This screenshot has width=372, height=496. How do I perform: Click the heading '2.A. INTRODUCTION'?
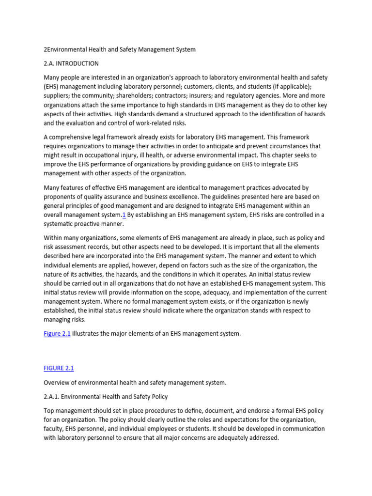(x=71, y=63)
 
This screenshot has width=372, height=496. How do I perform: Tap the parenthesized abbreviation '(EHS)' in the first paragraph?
(x=52, y=87)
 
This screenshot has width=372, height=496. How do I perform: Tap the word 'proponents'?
(x=61, y=197)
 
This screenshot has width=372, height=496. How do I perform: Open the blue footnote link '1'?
(x=124, y=215)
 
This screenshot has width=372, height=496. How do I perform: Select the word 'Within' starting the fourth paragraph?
(x=53, y=238)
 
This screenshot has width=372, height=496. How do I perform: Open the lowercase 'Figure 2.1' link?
(x=57, y=334)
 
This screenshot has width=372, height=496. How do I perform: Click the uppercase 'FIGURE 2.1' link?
(x=59, y=369)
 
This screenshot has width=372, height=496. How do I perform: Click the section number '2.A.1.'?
(x=53, y=397)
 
